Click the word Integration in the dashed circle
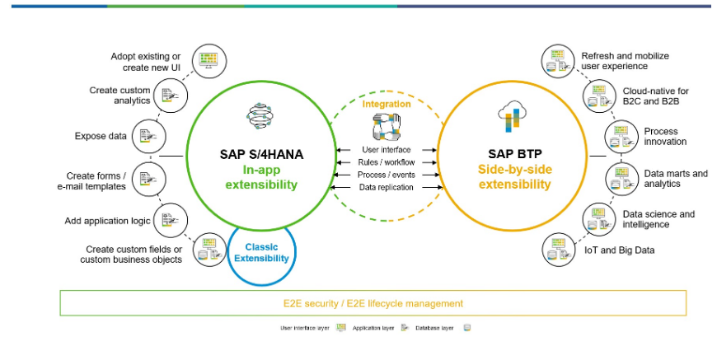click(x=386, y=104)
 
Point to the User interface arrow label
click(x=386, y=150)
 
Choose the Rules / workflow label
click(x=386, y=162)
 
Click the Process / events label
click(x=386, y=175)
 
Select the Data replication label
click(x=386, y=187)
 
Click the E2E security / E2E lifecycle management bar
click(x=373, y=303)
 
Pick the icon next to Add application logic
click(x=169, y=220)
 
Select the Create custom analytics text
click(x=120, y=96)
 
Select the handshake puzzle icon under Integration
click(x=386, y=127)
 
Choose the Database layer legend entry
click(x=445, y=328)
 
